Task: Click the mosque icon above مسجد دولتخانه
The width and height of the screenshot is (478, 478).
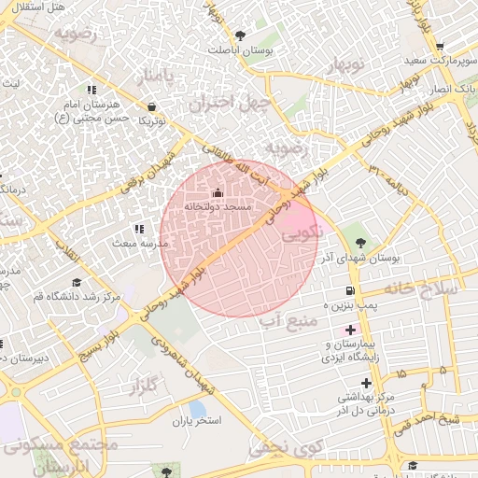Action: pyautogui.click(x=218, y=193)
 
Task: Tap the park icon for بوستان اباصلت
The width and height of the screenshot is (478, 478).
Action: pyautogui.click(x=241, y=35)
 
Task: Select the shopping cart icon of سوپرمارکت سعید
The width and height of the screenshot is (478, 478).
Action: pyautogui.click(x=440, y=47)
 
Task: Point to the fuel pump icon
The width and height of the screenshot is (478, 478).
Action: pyautogui.click(x=349, y=291)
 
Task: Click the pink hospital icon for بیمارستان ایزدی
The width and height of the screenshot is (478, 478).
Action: pyautogui.click(x=351, y=330)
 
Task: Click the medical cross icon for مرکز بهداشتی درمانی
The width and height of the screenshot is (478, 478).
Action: pyautogui.click(x=366, y=383)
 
